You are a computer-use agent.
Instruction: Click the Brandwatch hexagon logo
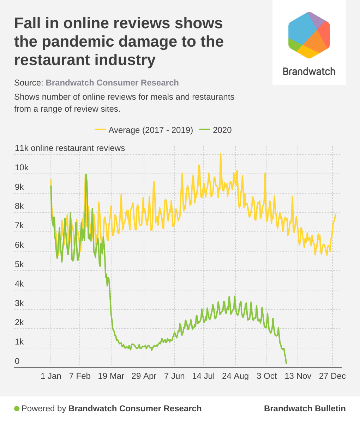click(x=309, y=35)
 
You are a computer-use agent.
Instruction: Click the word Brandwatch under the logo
click(x=309, y=71)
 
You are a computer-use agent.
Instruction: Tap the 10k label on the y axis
click(x=22, y=167)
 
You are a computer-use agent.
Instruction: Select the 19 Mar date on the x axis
click(x=111, y=376)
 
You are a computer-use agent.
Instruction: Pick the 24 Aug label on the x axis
click(x=235, y=376)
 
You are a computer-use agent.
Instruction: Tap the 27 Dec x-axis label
click(x=332, y=376)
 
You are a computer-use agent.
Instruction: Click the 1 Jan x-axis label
click(x=51, y=376)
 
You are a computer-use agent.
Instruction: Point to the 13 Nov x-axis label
click(x=298, y=376)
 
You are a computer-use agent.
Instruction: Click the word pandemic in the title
click(x=78, y=42)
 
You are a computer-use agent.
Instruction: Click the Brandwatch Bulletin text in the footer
click(x=305, y=408)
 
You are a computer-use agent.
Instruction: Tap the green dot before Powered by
click(x=17, y=409)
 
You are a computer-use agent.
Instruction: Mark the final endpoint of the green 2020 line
click(x=286, y=363)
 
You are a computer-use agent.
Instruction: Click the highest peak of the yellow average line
click(x=221, y=154)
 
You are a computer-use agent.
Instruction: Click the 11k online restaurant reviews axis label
click(x=70, y=148)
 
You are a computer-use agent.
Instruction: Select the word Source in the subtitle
click(x=28, y=83)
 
